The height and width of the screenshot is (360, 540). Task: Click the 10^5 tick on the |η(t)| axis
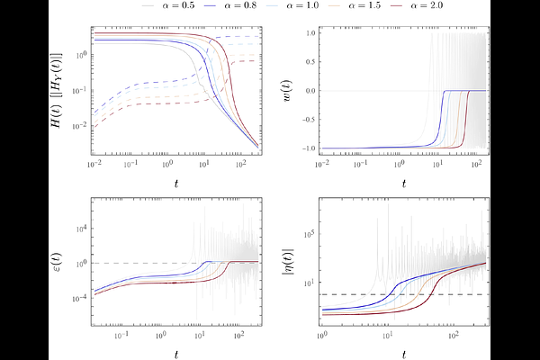tap(307, 233)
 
